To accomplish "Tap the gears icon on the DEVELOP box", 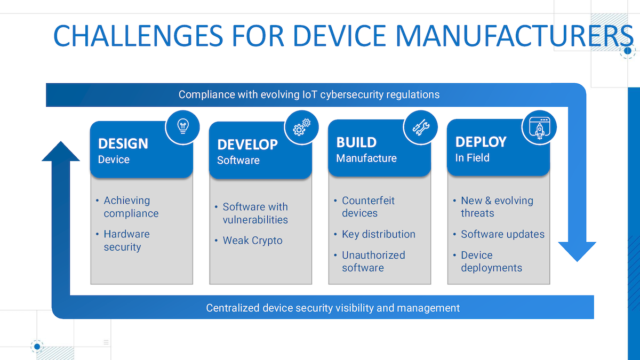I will click(301, 127).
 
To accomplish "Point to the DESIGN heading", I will click(123, 143).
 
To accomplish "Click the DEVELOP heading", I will click(247, 145).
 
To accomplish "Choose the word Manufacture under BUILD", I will click(366, 158).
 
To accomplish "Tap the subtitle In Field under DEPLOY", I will click(472, 158).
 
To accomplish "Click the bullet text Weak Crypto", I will click(252, 241).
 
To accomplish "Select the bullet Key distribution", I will click(378, 234).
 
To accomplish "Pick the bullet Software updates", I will click(502, 234).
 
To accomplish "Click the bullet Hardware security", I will click(126, 241).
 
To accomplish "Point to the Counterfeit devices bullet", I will click(368, 207).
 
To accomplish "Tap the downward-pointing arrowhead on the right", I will click(577, 251).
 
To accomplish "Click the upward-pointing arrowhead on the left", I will click(60, 151).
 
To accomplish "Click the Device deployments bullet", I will click(491, 261).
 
